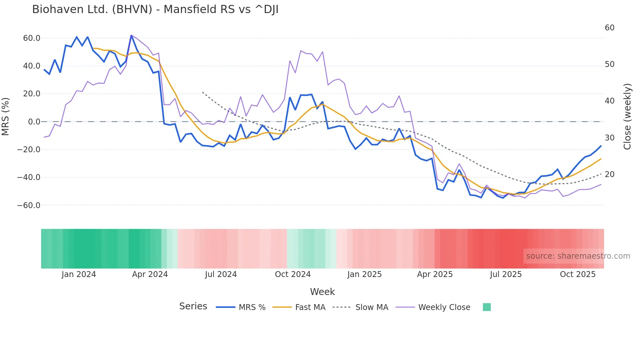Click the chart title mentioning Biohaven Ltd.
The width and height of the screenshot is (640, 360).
(155, 9)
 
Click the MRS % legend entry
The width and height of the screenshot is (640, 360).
(252, 307)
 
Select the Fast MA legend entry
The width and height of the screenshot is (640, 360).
(310, 307)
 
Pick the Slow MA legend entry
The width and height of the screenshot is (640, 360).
(372, 307)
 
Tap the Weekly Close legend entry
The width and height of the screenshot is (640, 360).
(444, 307)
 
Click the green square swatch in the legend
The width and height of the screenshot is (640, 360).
(487, 307)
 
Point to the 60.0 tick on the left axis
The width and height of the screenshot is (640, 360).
(32, 38)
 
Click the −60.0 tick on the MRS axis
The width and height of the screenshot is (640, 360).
(29, 205)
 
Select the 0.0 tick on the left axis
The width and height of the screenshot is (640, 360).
(34, 122)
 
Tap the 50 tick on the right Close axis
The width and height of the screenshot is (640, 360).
(609, 64)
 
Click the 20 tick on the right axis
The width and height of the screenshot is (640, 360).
(609, 174)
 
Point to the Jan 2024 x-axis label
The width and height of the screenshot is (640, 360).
(79, 274)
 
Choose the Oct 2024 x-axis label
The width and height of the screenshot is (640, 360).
(293, 274)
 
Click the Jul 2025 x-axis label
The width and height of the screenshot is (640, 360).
(505, 274)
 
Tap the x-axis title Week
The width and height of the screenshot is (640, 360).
(322, 292)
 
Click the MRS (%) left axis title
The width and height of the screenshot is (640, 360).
(6, 116)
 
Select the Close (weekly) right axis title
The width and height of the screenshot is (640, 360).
(627, 117)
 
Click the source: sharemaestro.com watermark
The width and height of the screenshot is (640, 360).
(578, 256)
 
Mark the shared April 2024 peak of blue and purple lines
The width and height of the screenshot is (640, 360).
(131, 35)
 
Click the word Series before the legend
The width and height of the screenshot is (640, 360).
(193, 306)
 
